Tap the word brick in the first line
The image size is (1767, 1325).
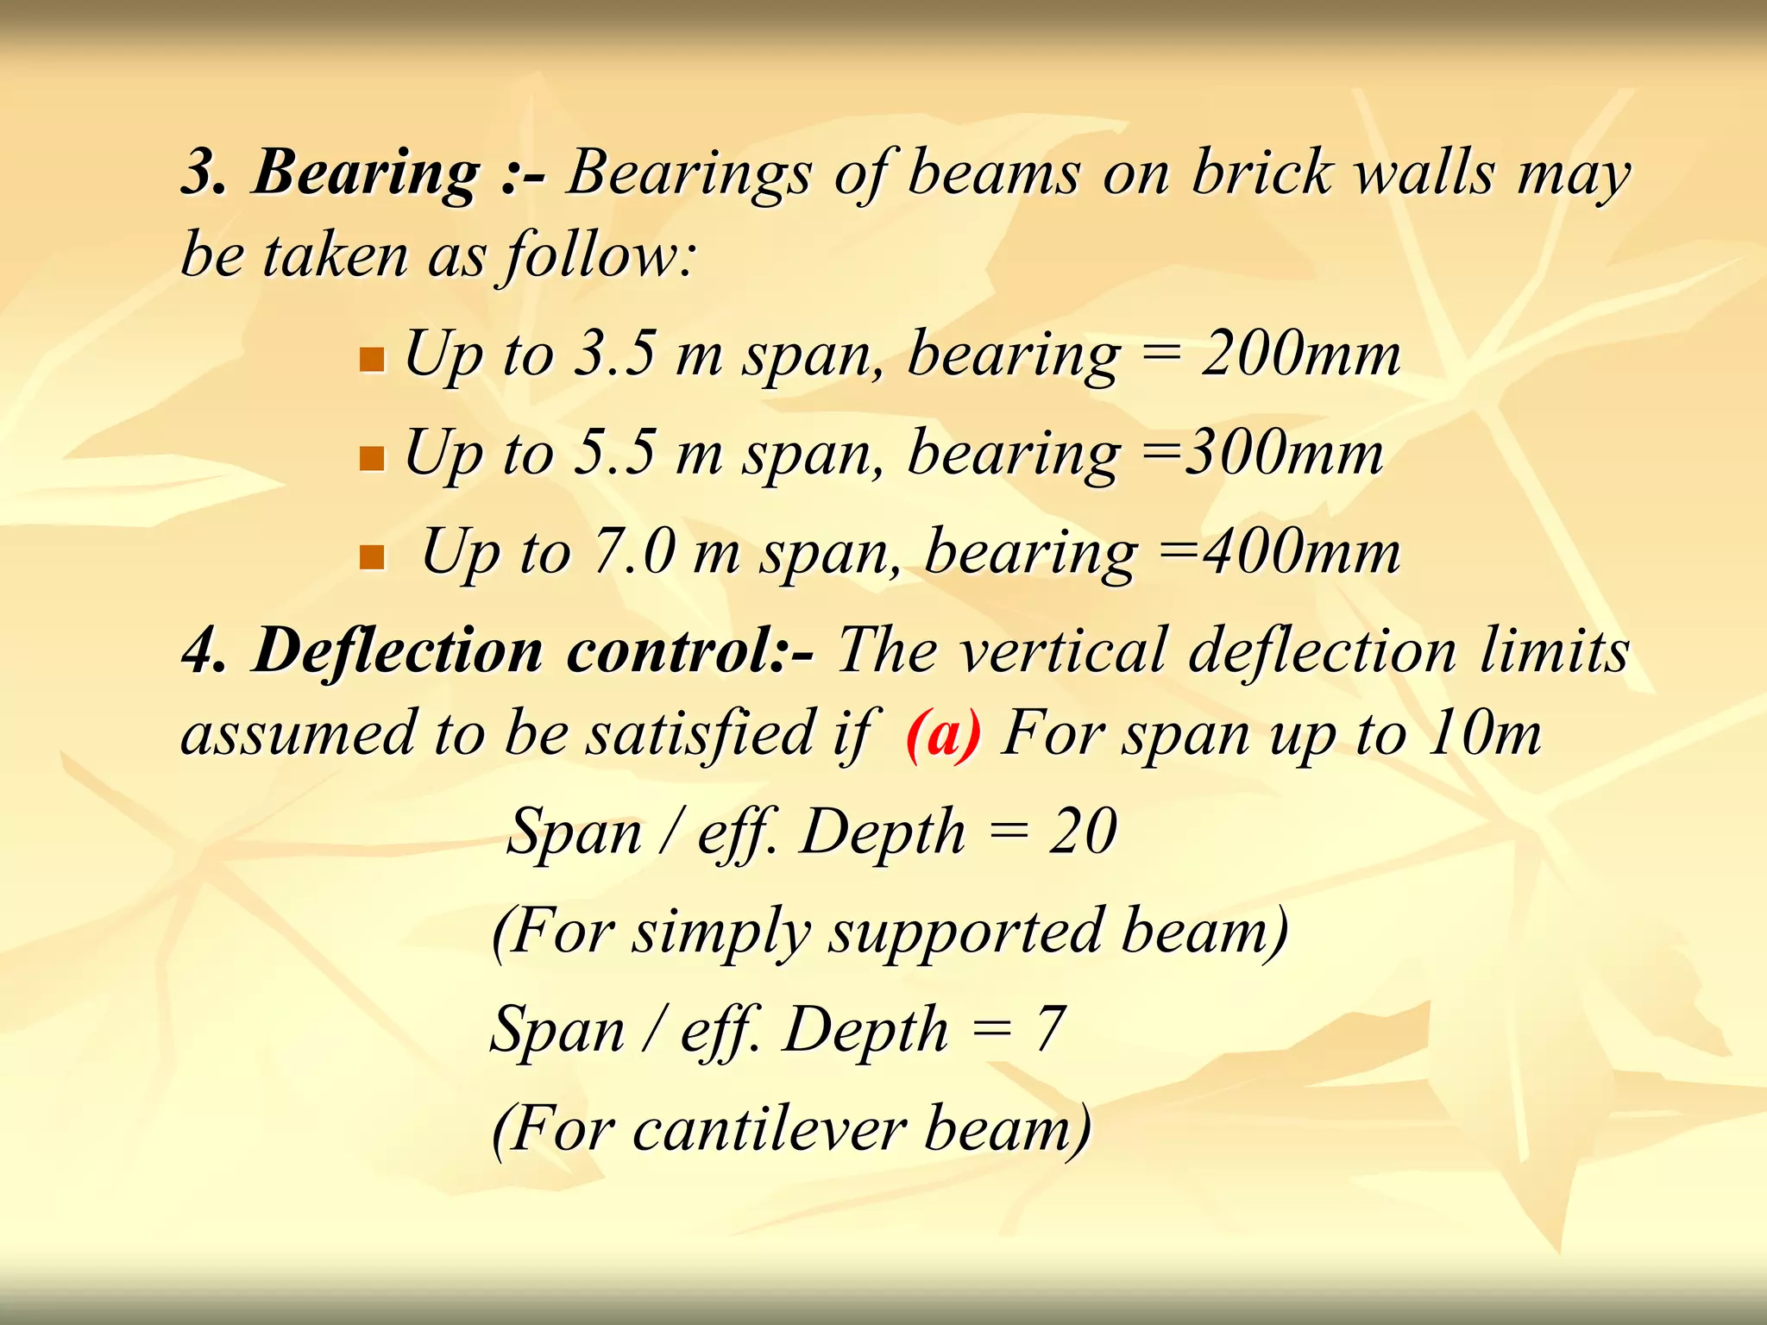(x=1261, y=173)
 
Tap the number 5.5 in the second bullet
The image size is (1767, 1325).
(x=614, y=453)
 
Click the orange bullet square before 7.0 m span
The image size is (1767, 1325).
(x=372, y=557)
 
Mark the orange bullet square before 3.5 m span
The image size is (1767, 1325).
(x=372, y=359)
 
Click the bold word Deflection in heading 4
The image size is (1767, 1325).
(x=397, y=650)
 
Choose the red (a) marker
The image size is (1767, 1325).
(x=943, y=733)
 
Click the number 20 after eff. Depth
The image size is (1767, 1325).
(x=1083, y=832)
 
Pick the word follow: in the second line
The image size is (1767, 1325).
(x=598, y=256)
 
